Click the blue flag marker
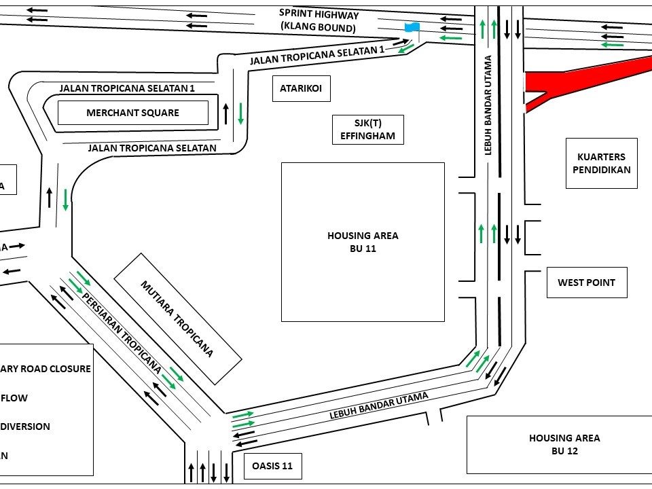point(412,28)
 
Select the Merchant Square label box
point(132,113)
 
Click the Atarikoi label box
point(300,88)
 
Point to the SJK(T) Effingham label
point(367,129)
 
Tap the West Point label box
point(586,283)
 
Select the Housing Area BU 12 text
point(564,444)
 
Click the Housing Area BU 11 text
point(363,242)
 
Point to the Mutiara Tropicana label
point(177,318)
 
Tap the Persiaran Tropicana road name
point(122,333)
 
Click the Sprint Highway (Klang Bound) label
point(319,21)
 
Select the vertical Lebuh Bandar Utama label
point(488,115)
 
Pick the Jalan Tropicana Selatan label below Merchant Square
point(152,147)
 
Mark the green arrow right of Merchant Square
point(240,113)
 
